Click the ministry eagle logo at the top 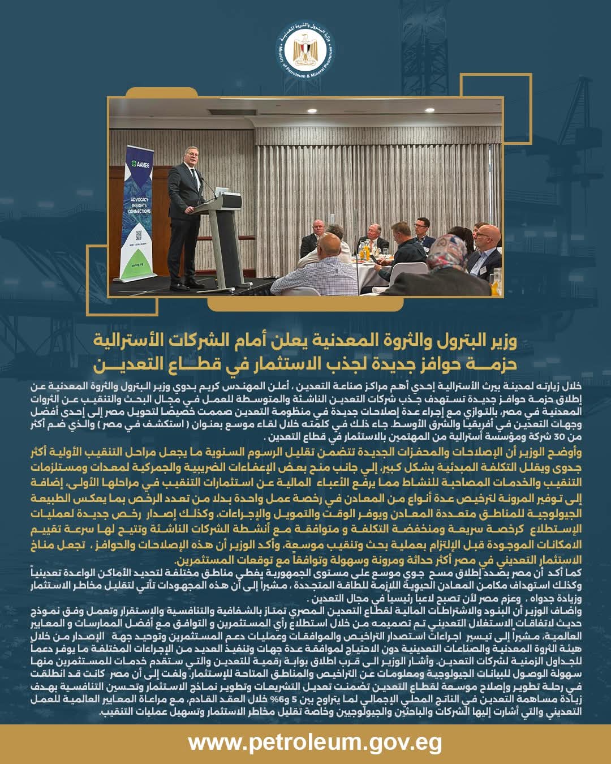click(306, 53)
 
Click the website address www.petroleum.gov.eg click(315, 742)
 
